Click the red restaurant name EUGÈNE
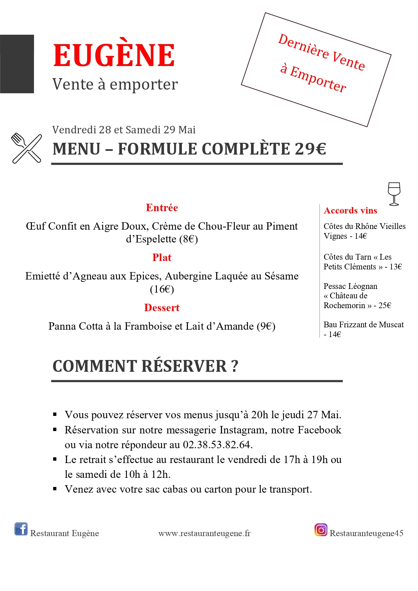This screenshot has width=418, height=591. [114, 56]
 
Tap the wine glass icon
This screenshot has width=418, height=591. [394, 194]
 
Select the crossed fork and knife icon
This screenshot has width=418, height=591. [27, 148]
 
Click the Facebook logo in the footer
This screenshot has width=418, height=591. [21, 529]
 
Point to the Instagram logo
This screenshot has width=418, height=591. [321, 530]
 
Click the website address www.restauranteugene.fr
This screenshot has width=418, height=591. [204, 533]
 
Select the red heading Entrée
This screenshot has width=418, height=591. [162, 208]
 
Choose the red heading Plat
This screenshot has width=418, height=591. [162, 258]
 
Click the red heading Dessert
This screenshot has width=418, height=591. [162, 308]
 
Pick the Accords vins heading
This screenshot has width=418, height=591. [350, 211]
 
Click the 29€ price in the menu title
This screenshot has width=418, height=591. [311, 149]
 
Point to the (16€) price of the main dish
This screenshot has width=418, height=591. [162, 289]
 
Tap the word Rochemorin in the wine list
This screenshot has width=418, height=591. [344, 305]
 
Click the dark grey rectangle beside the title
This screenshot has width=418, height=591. [17, 64]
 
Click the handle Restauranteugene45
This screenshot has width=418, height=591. [366, 533]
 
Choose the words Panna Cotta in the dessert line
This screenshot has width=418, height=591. [75, 326]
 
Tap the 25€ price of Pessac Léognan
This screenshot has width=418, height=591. [385, 305]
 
